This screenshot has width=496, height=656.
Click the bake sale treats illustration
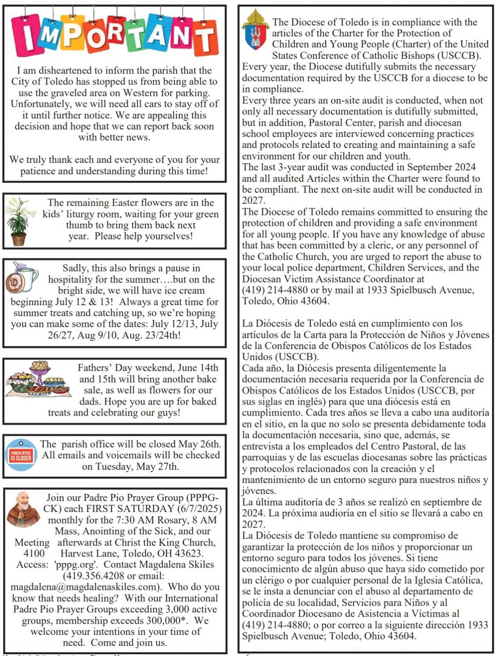[39, 379]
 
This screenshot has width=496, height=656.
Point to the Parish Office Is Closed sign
[21, 456]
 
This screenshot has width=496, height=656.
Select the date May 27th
[159, 467]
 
